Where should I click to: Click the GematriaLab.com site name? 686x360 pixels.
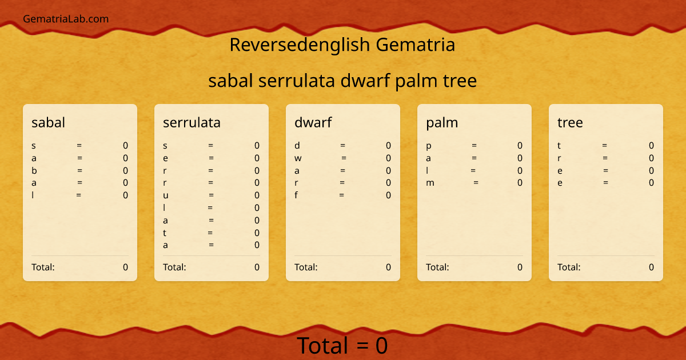(66, 19)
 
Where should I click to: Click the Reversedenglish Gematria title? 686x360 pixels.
(342, 45)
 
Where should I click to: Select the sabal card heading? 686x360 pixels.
(48, 122)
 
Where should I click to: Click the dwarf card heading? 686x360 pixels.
(313, 122)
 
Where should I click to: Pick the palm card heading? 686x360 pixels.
(442, 122)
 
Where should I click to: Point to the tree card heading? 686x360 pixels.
(570, 122)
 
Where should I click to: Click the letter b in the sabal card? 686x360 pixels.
(34, 170)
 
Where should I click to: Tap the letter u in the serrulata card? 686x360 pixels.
(165, 195)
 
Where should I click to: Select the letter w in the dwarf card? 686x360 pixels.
(297, 158)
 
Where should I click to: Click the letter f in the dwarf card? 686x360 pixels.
(297, 195)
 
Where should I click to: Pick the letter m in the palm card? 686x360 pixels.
(430, 183)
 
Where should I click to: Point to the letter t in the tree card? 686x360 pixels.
(559, 146)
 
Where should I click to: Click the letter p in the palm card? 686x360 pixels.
(429, 146)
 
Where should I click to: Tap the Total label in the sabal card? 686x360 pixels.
(43, 267)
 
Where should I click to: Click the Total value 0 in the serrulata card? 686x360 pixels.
(257, 267)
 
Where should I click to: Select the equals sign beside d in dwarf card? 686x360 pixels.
(342, 146)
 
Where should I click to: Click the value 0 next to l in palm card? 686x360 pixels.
(520, 170)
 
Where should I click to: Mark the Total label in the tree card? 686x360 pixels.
(569, 267)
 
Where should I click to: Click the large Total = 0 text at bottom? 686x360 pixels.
(342, 346)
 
